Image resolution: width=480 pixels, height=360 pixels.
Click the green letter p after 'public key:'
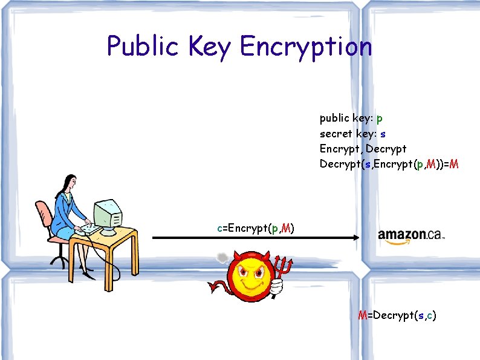pyautogui.click(x=379, y=118)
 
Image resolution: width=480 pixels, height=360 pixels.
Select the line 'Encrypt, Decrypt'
pyautogui.click(x=363, y=148)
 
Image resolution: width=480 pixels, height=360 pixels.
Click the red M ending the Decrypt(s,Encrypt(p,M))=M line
pyautogui.click(x=454, y=163)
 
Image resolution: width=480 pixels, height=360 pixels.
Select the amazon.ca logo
pyautogui.click(x=411, y=235)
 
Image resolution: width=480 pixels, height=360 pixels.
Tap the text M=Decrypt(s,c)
pyautogui.click(x=397, y=315)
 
